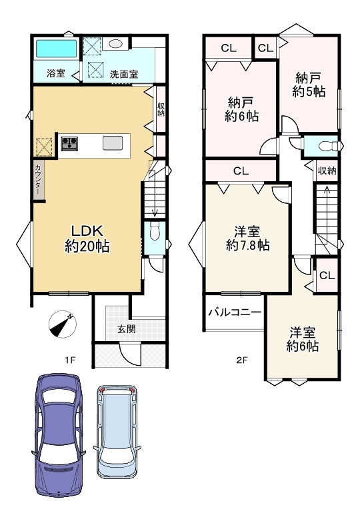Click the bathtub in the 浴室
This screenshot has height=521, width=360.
point(56,49)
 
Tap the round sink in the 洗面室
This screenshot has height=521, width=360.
point(115,43)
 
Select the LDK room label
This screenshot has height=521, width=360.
point(87,239)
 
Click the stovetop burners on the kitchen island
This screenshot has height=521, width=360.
point(69,143)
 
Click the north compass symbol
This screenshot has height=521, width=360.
point(63,324)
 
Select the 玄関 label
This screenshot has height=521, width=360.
point(126,329)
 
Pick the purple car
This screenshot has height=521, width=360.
point(59,435)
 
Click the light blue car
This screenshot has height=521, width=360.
point(117,432)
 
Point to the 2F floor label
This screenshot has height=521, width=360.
point(241,360)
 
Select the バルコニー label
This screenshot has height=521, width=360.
point(235,312)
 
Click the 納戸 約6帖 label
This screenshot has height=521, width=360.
point(241,109)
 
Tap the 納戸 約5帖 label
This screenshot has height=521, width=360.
point(309,85)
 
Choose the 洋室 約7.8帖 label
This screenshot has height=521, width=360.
point(247,239)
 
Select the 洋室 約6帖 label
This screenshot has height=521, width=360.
point(303,339)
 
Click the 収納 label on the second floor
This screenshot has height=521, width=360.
point(327,171)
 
